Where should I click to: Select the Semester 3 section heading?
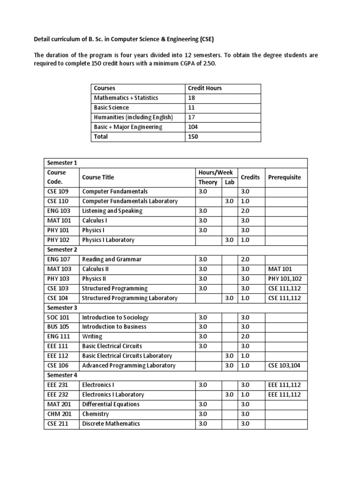click(62, 307)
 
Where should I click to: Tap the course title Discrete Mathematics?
click(111, 424)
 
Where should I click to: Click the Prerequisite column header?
click(285, 177)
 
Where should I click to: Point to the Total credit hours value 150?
click(193, 136)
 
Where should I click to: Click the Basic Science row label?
click(112, 107)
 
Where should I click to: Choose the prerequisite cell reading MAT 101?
click(281, 269)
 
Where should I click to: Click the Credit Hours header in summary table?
click(205, 88)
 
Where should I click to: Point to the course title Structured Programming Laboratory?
click(129, 298)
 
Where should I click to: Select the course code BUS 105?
click(57, 327)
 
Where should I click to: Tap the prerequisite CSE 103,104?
click(285, 366)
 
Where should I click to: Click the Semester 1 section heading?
click(62, 163)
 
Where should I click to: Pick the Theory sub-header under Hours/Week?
click(208, 182)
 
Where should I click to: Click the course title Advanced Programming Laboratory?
click(128, 366)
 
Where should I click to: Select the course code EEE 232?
click(57, 395)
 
